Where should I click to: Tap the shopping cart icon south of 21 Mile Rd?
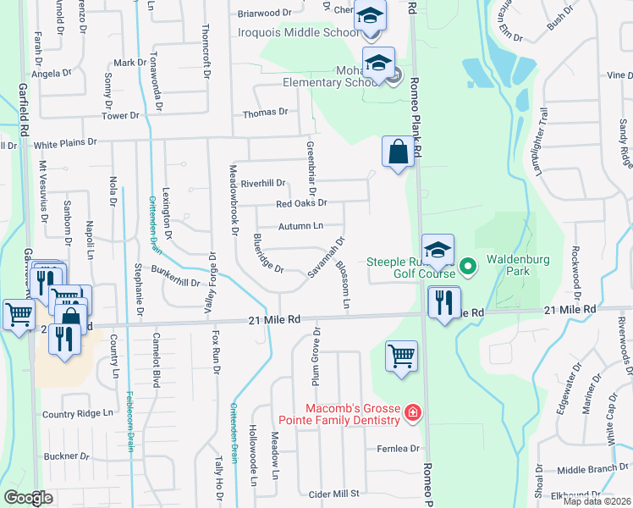coord(401,356)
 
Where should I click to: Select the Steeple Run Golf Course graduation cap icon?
coord(438,251)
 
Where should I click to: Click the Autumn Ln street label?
coord(301,226)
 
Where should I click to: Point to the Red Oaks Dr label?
coord(301,203)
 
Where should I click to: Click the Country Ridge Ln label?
coord(78,414)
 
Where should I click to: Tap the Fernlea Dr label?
coord(403,448)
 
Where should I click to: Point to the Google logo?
coord(29,497)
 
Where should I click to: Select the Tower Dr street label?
coord(120,115)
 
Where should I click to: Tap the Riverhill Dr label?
coord(263,183)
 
